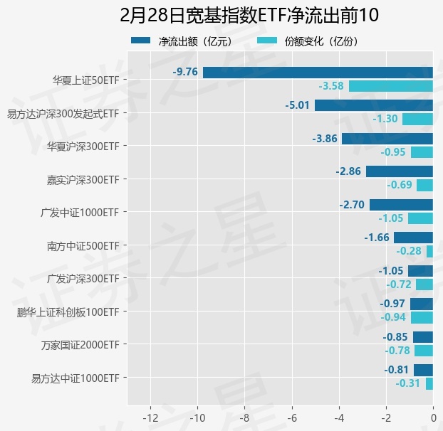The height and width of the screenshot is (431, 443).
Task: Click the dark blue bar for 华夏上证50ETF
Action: click(x=318, y=72)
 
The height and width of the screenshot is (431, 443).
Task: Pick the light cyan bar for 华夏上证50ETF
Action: click(x=390, y=86)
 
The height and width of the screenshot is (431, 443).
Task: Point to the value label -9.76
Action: click(x=185, y=72)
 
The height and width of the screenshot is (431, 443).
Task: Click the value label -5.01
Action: click(x=297, y=105)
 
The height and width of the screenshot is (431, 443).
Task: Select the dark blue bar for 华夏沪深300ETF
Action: click(x=387, y=138)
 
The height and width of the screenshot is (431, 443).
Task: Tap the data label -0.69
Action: click(x=400, y=185)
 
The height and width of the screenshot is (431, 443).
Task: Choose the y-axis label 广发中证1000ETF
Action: click(x=80, y=212)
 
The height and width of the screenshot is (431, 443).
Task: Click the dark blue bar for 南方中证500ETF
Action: click(x=413, y=238)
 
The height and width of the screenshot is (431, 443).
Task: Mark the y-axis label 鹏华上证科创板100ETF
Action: click(x=68, y=312)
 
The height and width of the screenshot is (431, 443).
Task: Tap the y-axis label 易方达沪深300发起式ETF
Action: click(x=63, y=113)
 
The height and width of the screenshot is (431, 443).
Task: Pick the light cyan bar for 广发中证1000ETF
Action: click(x=420, y=218)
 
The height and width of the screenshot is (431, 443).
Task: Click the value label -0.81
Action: click(x=396, y=370)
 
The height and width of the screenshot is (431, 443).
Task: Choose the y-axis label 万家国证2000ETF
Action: click(x=80, y=345)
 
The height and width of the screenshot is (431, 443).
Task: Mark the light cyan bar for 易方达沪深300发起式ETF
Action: click(x=417, y=119)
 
